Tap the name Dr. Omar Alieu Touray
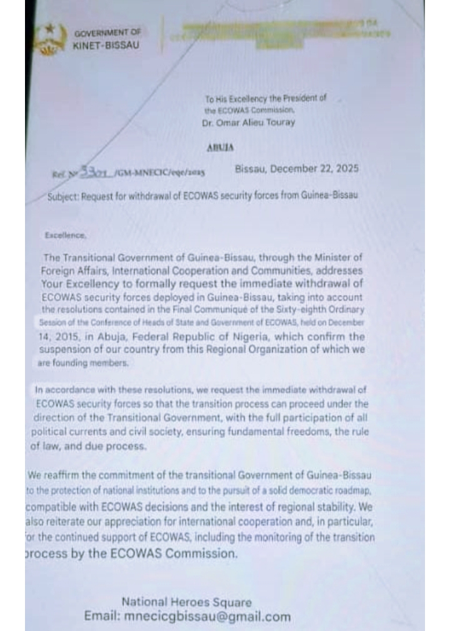click(x=249, y=122)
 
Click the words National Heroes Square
click(x=186, y=602)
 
